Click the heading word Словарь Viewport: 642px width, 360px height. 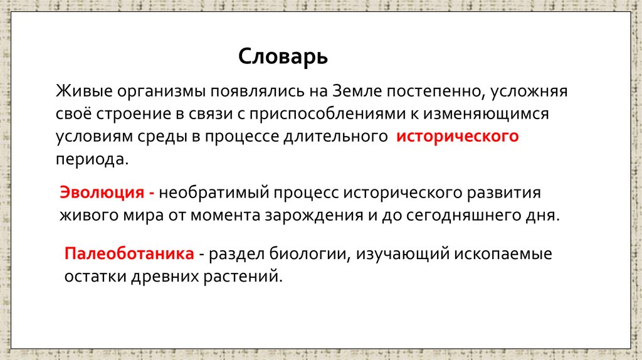pos(283,58)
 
